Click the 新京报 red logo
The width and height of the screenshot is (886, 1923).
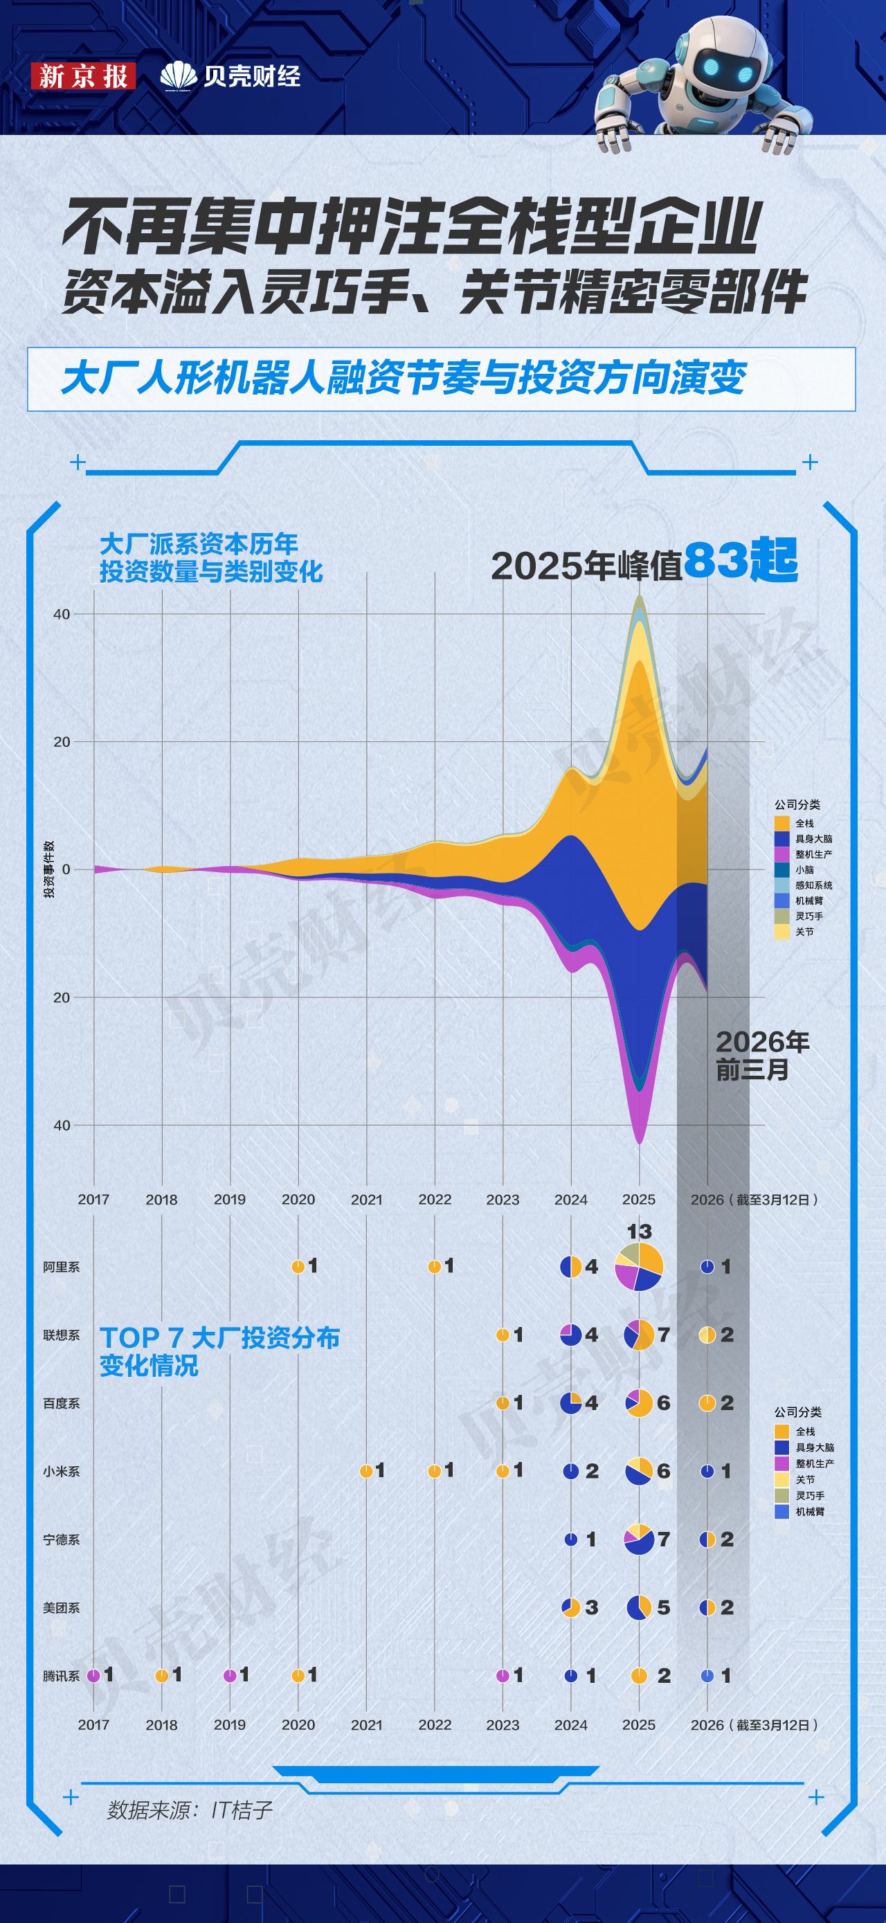click(x=83, y=76)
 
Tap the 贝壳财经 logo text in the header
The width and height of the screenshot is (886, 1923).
click(x=231, y=75)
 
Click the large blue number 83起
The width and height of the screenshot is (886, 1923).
click(x=741, y=561)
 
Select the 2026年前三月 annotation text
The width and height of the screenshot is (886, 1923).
click(x=761, y=1056)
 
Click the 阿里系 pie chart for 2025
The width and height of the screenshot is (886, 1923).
click(x=638, y=1266)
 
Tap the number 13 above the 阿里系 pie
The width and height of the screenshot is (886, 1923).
click(x=639, y=1231)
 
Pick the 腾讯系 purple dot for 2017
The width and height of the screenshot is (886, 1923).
click(x=93, y=1676)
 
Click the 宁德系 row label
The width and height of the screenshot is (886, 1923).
click(x=61, y=1540)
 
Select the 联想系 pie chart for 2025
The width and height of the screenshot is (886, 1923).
click(x=638, y=1335)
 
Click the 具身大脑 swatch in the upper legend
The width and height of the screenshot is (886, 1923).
click(x=781, y=839)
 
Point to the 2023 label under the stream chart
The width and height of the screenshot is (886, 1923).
click(x=503, y=1200)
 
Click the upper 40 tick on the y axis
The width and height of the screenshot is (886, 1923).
click(x=61, y=615)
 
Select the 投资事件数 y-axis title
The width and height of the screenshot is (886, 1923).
click(x=49, y=869)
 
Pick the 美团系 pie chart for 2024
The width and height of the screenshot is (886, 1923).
click(x=571, y=1607)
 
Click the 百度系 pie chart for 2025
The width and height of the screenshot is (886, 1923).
click(x=638, y=1403)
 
